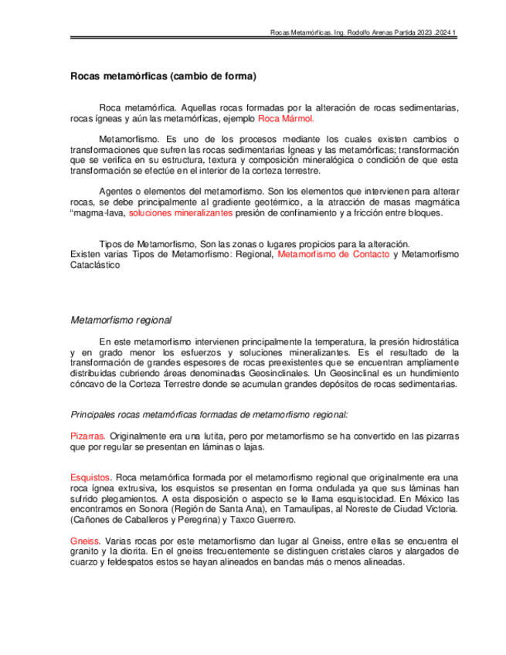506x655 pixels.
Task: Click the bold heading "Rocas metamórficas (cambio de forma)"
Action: click(x=163, y=77)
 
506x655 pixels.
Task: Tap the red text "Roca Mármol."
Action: click(x=286, y=120)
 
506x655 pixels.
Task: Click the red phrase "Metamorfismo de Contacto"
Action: click(x=333, y=253)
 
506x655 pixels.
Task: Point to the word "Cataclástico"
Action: click(x=95, y=264)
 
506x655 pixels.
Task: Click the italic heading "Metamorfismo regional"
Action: click(x=121, y=320)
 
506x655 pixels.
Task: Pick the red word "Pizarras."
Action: click(x=88, y=436)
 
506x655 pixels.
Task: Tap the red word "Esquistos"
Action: click(x=91, y=477)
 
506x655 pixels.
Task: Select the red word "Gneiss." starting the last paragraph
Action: click(x=85, y=541)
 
